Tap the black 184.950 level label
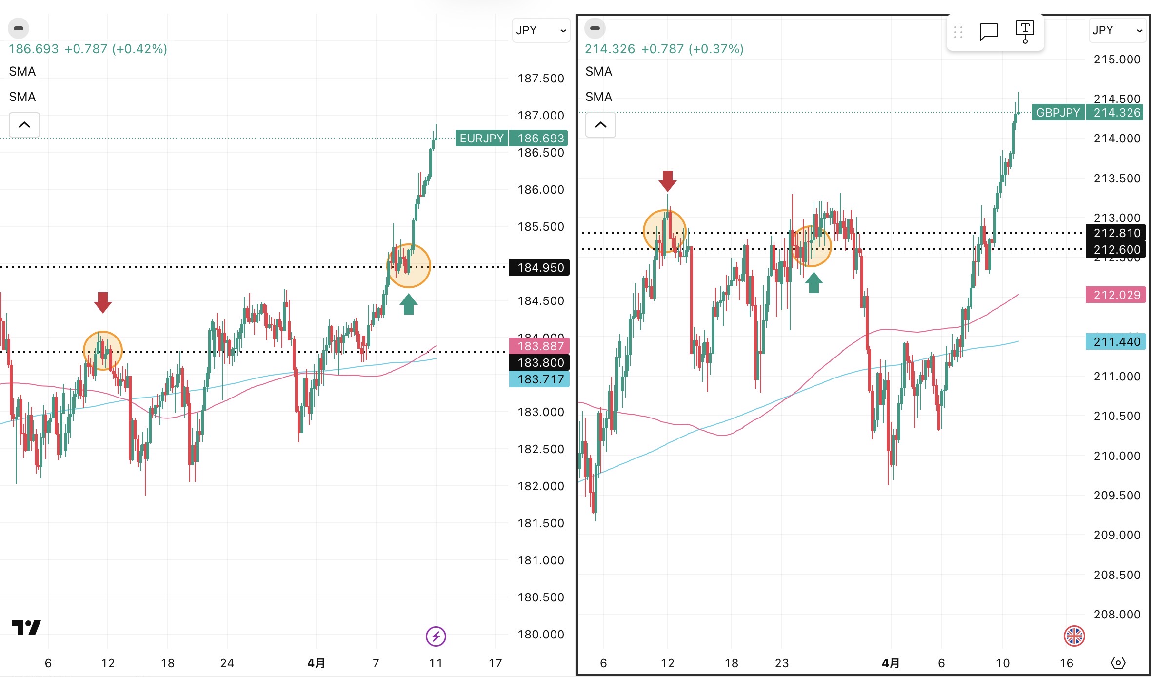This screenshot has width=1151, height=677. click(x=539, y=267)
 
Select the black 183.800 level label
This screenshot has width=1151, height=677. click(x=539, y=362)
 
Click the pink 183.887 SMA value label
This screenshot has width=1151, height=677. click(x=539, y=346)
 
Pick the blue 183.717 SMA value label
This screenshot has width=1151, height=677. click(x=539, y=379)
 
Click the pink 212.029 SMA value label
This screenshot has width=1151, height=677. click(x=1116, y=295)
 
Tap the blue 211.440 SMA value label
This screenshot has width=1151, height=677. click(x=1116, y=341)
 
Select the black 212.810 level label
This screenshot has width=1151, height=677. click(x=1116, y=233)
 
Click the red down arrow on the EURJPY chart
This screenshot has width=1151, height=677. click(x=103, y=302)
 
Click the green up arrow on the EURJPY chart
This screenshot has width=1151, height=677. click(x=409, y=304)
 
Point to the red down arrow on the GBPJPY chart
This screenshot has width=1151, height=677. click(x=668, y=181)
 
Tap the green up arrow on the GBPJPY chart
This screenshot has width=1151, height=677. click(x=814, y=282)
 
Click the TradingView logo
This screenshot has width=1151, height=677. click(x=26, y=627)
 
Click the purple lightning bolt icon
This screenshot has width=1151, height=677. click(x=436, y=636)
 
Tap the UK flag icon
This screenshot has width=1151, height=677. click(x=1074, y=636)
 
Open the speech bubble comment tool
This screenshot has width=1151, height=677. click(x=989, y=32)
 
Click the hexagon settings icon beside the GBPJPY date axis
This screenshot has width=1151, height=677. click(x=1118, y=663)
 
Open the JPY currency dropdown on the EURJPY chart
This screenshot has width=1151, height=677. click(x=541, y=30)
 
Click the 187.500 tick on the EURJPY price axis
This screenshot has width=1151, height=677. click(x=540, y=79)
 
